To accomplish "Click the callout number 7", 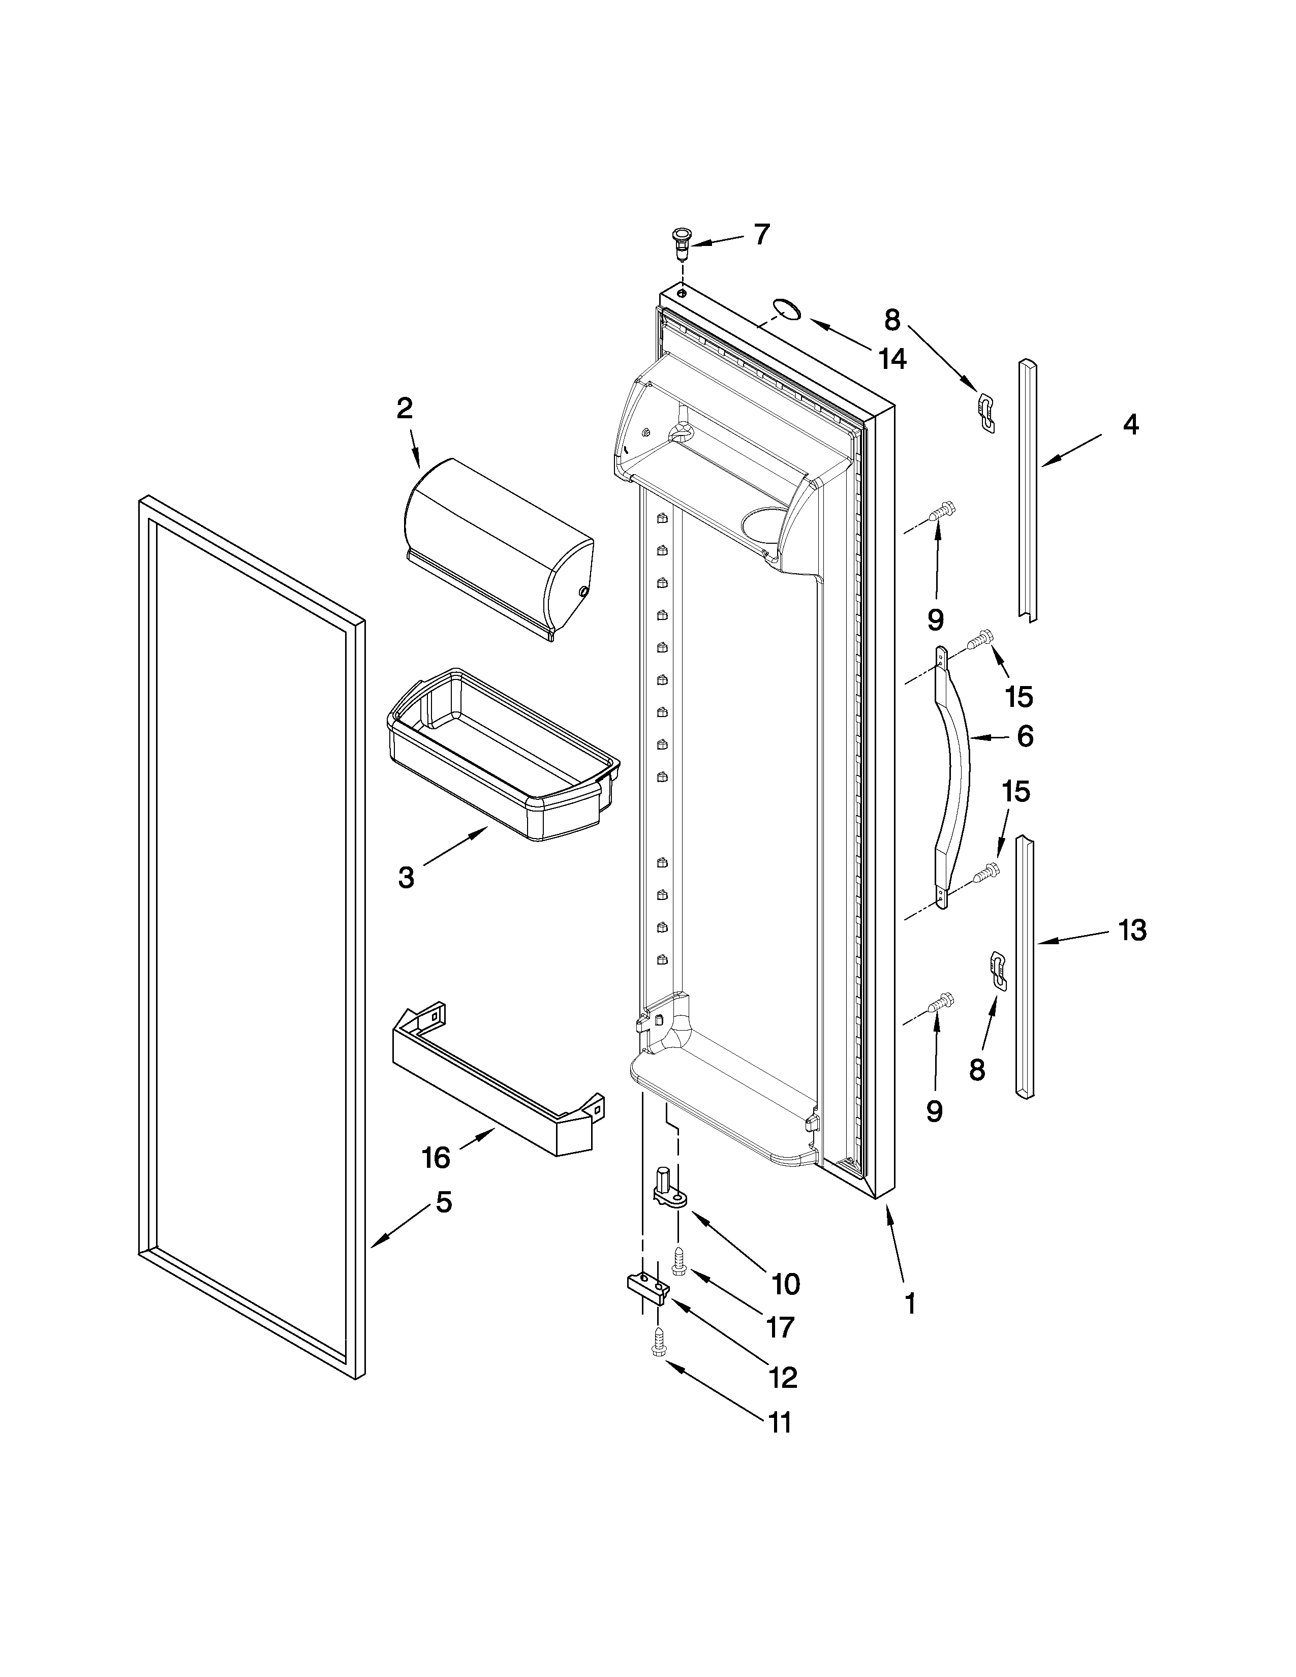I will coord(760,234).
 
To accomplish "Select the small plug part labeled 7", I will coord(680,243).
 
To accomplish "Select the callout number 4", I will coord(1130,425).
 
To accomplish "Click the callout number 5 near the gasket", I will coord(444,1202).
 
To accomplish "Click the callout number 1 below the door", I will coord(910,1303).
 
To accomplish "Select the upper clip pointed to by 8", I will coord(988,410).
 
